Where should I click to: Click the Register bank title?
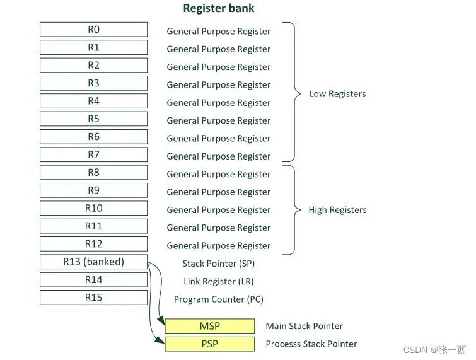pyautogui.click(x=219, y=9)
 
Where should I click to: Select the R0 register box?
pyautogui.click(x=93, y=30)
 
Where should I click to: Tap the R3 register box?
pyautogui.click(x=93, y=83)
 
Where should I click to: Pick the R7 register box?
pyautogui.click(x=93, y=154)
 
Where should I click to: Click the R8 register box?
pyautogui.click(x=93, y=173)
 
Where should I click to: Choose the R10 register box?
pyautogui.click(x=93, y=208)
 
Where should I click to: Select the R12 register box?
pyautogui.click(x=93, y=244)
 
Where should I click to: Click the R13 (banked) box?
pyautogui.click(x=93, y=262)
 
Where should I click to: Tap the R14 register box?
pyautogui.click(x=93, y=280)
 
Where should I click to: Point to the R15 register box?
pyautogui.click(x=93, y=298)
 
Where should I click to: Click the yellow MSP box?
pyautogui.click(x=209, y=326)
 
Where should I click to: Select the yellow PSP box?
pyautogui.click(x=209, y=344)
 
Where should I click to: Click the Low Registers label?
pyautogui.click(x=337, y=94)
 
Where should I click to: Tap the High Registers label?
pyautogui.click(x=337, y=210)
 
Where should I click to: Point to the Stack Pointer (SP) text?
pyautogui.click(x=219, y=264)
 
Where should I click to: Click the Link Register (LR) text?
pyautogui.click(x=219, y=281)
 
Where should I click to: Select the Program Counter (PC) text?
pyautogui.click(x=219, y=299)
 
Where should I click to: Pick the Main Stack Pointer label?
pyautogui.click(x=305, y=326)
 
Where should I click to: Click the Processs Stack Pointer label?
pyautogui.click(x=311, y=344)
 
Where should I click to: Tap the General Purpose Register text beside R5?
pyautogui.click(x=219, y=120)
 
